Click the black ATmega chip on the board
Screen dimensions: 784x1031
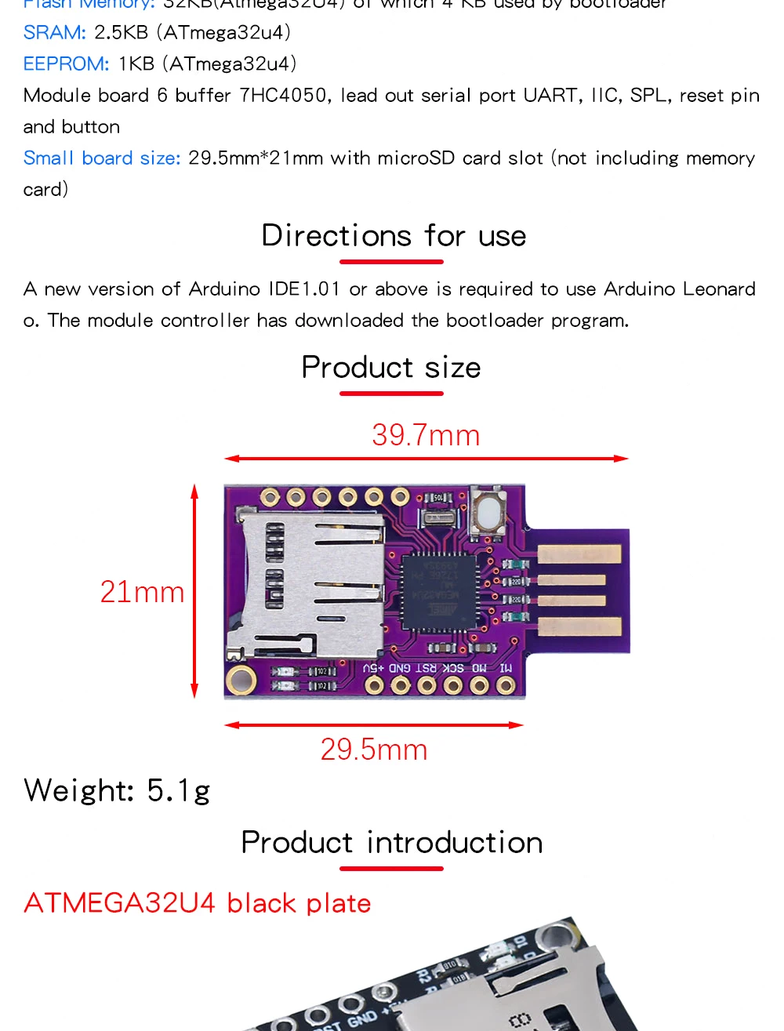438,590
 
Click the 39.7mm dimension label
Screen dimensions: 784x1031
426,435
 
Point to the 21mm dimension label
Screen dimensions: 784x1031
142,592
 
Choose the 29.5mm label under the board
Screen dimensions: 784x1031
374,750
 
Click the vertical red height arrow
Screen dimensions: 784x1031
194,591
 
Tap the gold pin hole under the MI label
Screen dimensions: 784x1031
506,686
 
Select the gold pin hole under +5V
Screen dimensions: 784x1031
374,686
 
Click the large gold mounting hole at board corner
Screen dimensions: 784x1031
241,681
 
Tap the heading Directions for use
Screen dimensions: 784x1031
394,236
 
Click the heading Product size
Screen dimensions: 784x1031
391,368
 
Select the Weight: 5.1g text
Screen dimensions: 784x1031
118,790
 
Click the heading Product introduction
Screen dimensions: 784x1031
392,843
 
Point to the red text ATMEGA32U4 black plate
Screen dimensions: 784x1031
198,903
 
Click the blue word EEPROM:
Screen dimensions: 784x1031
67,64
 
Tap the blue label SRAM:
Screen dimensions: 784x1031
55,33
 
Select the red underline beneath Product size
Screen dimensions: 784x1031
391,393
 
